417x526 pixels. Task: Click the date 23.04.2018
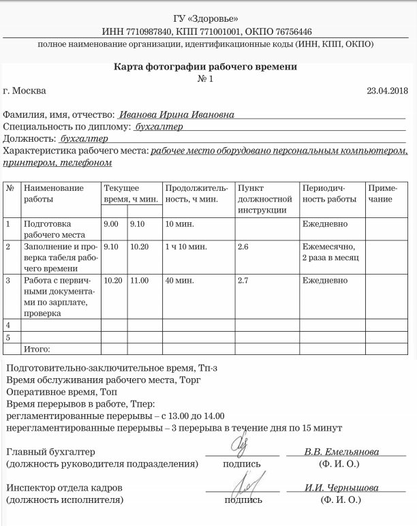coord(387,91)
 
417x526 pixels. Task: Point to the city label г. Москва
coord(25,91)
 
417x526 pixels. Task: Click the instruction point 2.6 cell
coord(243,247)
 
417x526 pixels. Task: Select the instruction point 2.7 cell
coord(243,280)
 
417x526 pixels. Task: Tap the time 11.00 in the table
coord(139,280)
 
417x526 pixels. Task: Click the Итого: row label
coord(37,350)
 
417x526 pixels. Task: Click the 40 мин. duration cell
coord(179,280)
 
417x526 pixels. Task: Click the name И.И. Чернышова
coord(341,488)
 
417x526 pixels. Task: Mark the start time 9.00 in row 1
coord(110,223)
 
